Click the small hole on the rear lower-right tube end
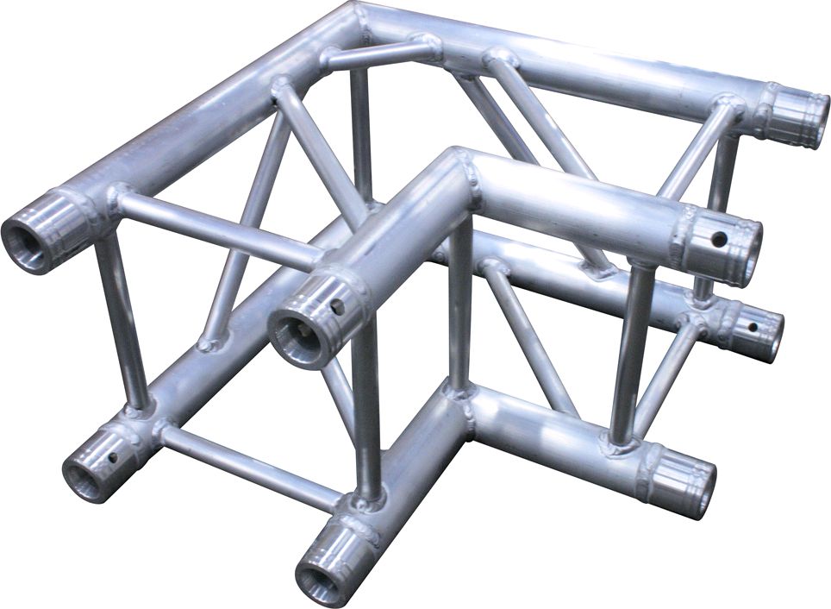coord(753,327)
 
